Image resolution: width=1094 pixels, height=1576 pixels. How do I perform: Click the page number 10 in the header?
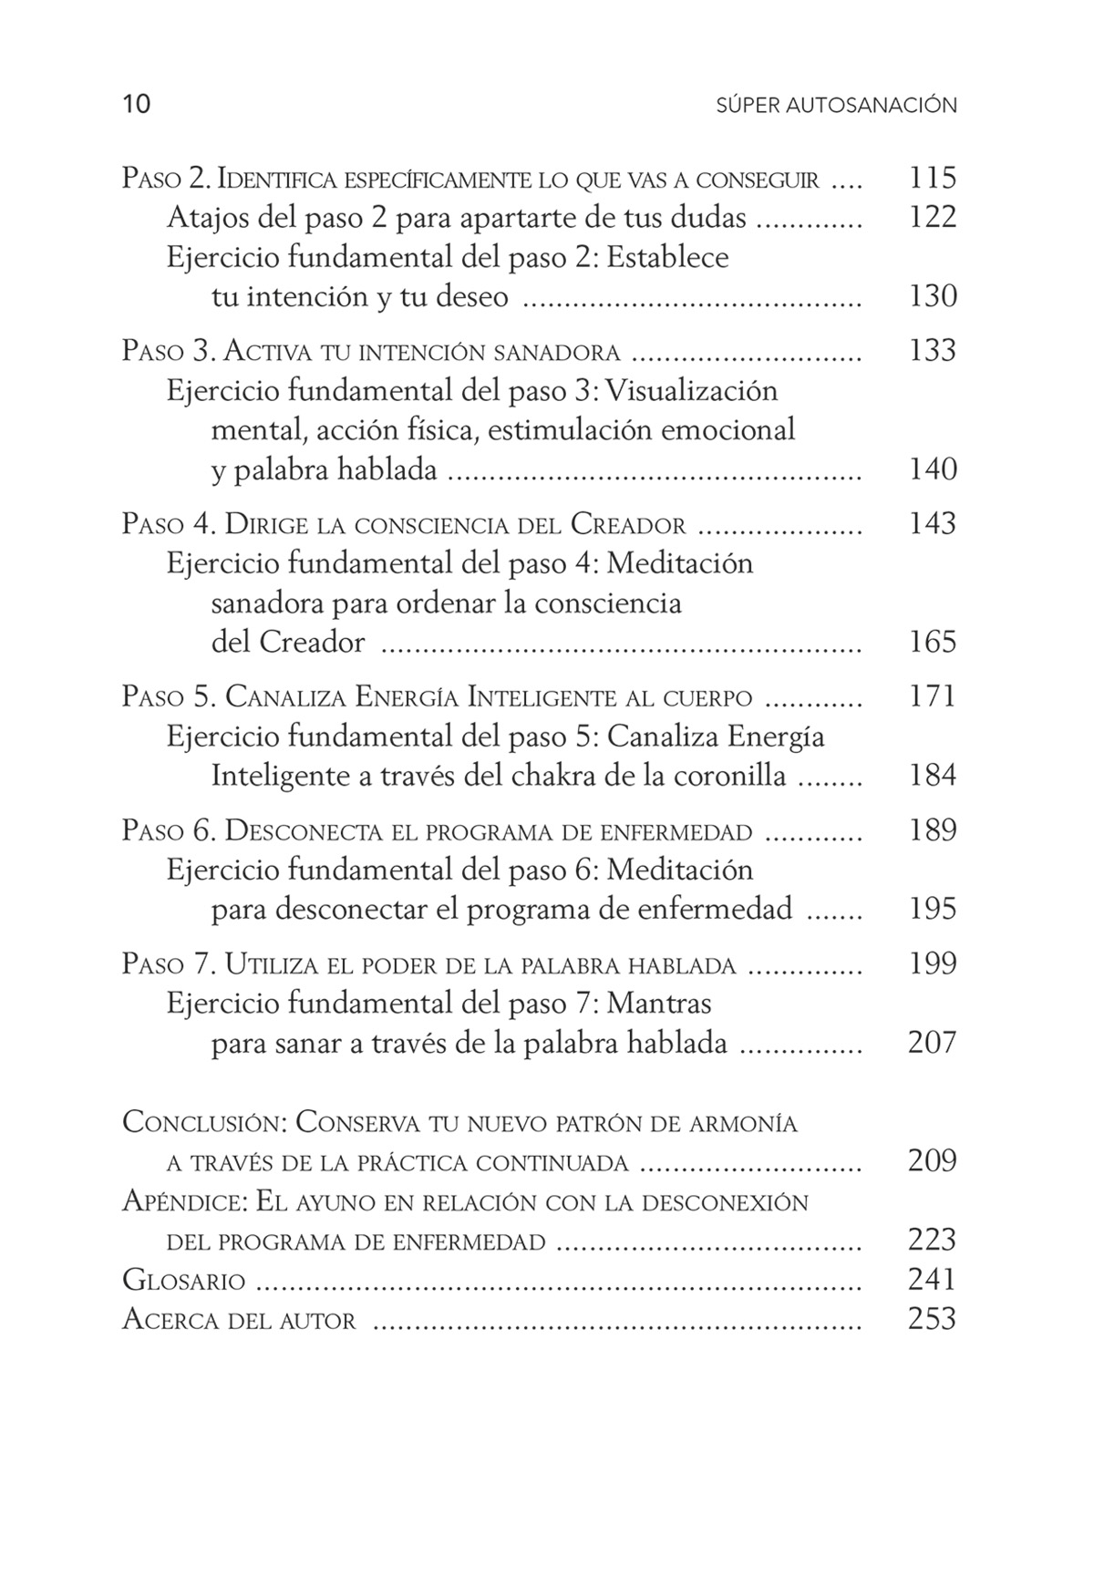pos(136,105)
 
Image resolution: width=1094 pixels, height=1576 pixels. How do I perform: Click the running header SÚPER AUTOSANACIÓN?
pos(836,106)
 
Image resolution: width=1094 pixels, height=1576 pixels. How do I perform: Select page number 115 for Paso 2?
pos(932,178)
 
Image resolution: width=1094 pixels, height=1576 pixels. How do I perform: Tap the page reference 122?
pos(932,218)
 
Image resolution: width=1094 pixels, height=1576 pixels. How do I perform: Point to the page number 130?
pos(932,296)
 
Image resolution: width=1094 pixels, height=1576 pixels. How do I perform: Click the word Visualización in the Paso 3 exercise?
pos(692,391)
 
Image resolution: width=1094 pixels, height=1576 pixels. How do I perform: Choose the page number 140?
pos(932,469)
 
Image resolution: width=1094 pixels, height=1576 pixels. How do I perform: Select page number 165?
pos(932,643)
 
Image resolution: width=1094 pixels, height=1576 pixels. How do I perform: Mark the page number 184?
pos(932,777)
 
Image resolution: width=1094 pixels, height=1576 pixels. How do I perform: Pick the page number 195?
pos(932,910)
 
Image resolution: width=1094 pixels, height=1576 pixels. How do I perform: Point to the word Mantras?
pos(658,1004)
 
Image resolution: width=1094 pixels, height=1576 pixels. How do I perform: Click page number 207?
pos(932,1043)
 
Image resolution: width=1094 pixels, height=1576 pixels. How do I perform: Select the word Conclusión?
pos(205,1123)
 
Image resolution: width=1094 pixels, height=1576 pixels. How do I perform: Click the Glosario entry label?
pos(184,1281)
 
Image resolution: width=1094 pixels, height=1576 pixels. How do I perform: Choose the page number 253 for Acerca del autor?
pos(932,1320)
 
